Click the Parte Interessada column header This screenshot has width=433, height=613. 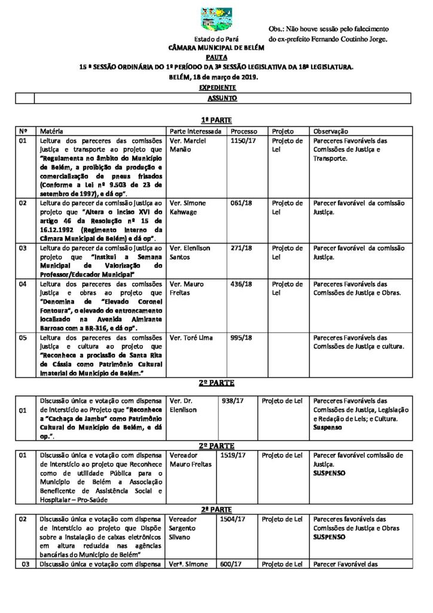coord(196,131)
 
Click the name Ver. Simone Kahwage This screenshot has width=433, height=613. coord(188,207)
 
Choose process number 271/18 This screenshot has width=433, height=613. coord(240,247)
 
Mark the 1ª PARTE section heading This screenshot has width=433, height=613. coord(216,120)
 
